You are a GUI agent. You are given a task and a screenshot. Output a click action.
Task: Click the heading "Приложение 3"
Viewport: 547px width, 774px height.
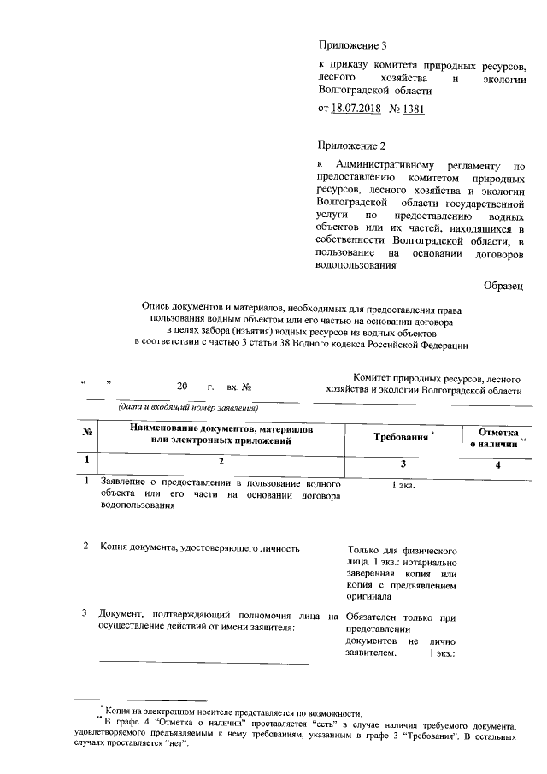click(352, 44)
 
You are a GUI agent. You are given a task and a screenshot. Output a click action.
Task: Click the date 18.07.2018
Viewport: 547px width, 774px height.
click(355, 109)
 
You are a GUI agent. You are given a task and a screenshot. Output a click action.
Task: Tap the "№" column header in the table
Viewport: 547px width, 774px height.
click(86, 433)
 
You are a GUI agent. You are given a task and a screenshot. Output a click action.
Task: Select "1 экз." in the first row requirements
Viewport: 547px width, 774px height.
click(403, 485)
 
